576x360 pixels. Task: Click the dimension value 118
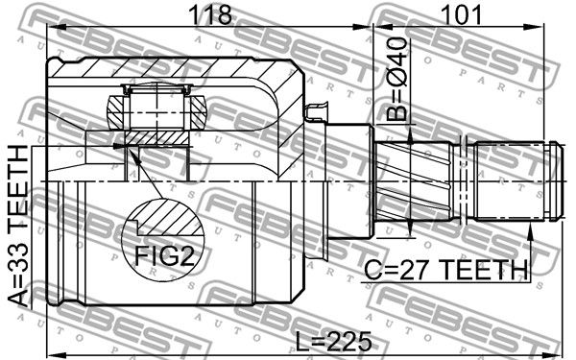pyautogui.click(x=210, y=15)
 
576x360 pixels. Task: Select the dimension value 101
pyautogui.click(x=462, y=15)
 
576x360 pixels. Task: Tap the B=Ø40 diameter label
pyautogui.click(x=397, y=79)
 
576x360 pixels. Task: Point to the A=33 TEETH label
pyautogui.click(x=18, y=227)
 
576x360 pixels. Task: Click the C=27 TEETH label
pyautogui.click(x=446, y=269)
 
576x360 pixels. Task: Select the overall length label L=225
pyautogui.click(x=333, y=341)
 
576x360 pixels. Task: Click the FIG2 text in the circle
pyautogui.click(x=163, y=255)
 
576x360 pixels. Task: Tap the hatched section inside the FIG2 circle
pyautogui.click(x=171, y=218)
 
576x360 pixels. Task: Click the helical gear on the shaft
pyautogui.click(x=414, y=181)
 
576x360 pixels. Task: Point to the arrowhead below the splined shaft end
pyautogui.click(x=530, y=230)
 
